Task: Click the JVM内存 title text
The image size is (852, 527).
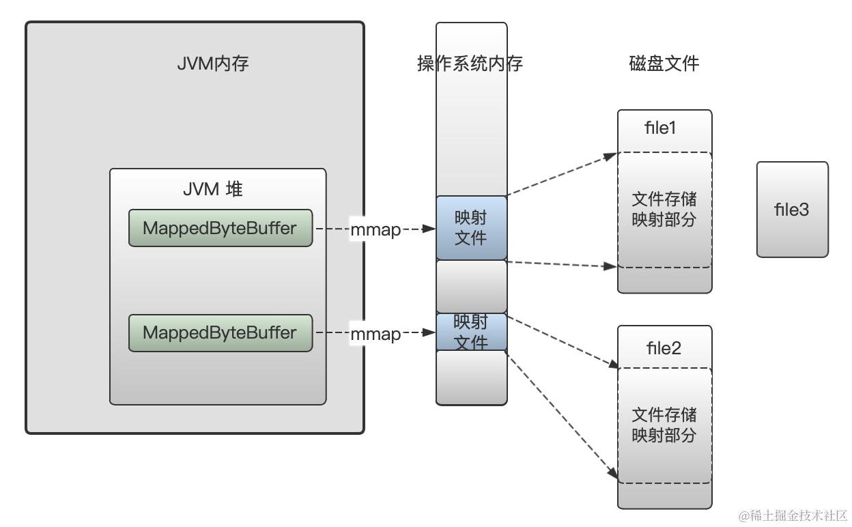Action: click(x=212, y=64)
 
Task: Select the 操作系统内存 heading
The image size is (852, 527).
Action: click(x=470, y=64)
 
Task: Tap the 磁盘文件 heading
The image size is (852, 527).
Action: click(x=664, y=64)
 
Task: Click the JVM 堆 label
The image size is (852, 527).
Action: click(x=212, y=189)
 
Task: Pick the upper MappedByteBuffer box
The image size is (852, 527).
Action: click(x=220, y=228)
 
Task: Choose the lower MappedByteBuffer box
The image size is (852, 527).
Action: click(x=220, y=333)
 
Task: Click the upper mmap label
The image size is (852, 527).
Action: click(x=375, y=230)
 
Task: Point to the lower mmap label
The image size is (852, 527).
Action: click(x=375, y=334)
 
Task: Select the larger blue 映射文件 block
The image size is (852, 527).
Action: click(x=471, y=228)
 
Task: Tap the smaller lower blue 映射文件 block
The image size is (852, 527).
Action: click(x=471, y=332)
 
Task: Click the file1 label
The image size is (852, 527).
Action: click(x=660, y=128)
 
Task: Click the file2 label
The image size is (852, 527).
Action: click(x=664, y=348)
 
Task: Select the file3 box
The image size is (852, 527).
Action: click(x=792, y=210)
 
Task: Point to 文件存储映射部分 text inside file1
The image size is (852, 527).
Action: click(x=664, y=210)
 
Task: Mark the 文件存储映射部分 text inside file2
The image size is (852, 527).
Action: click(x=664, y=425)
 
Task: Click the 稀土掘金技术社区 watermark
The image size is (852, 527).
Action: click(x=793, y=515)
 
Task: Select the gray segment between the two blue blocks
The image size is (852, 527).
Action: click(x=471, y=286)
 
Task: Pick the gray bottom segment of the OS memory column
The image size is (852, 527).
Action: click(x=471, y=378)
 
